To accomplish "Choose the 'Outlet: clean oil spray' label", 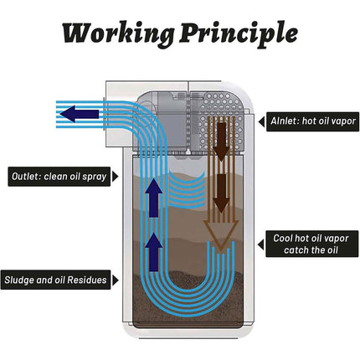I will (59, 177).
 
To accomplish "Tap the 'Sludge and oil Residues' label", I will (56, 280).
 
